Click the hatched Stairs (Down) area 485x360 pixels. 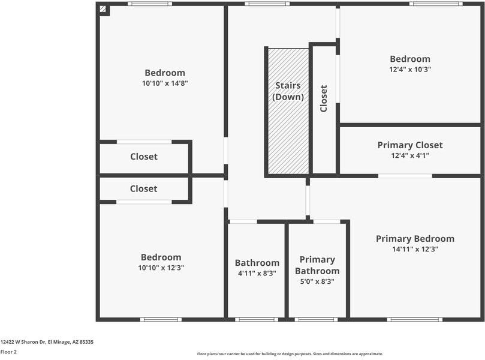point(288,132)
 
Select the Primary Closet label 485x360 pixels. point(410,145)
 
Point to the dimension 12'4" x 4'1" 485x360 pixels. point(410,155)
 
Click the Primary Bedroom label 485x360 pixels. point(415,239)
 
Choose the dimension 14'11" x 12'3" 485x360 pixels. point(415,249)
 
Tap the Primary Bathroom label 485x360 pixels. point(317,265)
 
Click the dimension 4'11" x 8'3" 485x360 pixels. point(257,273)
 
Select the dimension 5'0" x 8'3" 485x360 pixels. point(317,281)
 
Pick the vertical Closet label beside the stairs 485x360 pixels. point(324,98)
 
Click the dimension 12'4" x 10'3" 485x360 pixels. point(410,69)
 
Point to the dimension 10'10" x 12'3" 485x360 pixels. point(161,268)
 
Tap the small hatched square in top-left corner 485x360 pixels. point(103,9)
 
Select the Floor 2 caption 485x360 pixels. point(8,352)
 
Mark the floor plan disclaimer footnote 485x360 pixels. point(290,354)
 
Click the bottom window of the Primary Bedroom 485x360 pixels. point(414,319)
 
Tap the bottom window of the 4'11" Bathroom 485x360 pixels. point(256,319)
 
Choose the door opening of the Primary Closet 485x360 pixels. point(405,176)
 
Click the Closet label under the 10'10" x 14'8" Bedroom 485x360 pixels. point(144,157)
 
